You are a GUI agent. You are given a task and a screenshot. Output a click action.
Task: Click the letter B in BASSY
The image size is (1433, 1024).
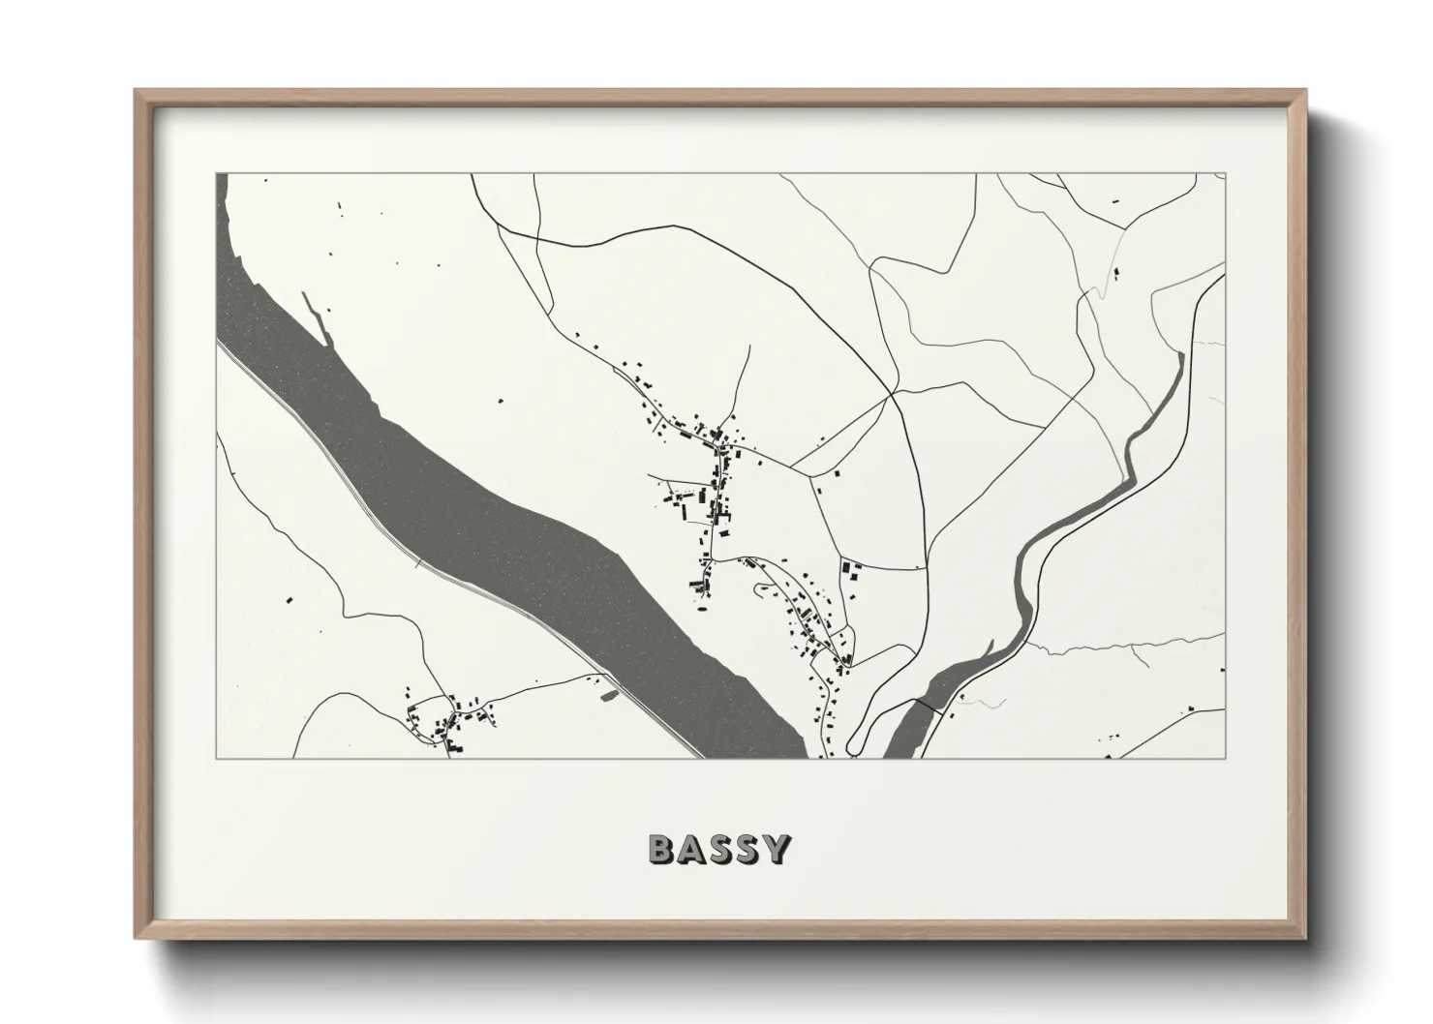(x=661, y=849)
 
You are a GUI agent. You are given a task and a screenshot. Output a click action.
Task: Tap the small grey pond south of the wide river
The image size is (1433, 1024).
(x=607, y=694)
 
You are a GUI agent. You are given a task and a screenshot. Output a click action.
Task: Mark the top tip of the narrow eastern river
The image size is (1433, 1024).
(x=1180, y=356)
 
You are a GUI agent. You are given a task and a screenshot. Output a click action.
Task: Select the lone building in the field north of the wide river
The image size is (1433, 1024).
(x=500, y=400)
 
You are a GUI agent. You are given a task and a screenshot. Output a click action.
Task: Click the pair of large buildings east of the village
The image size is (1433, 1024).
(x=851, y=570)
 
